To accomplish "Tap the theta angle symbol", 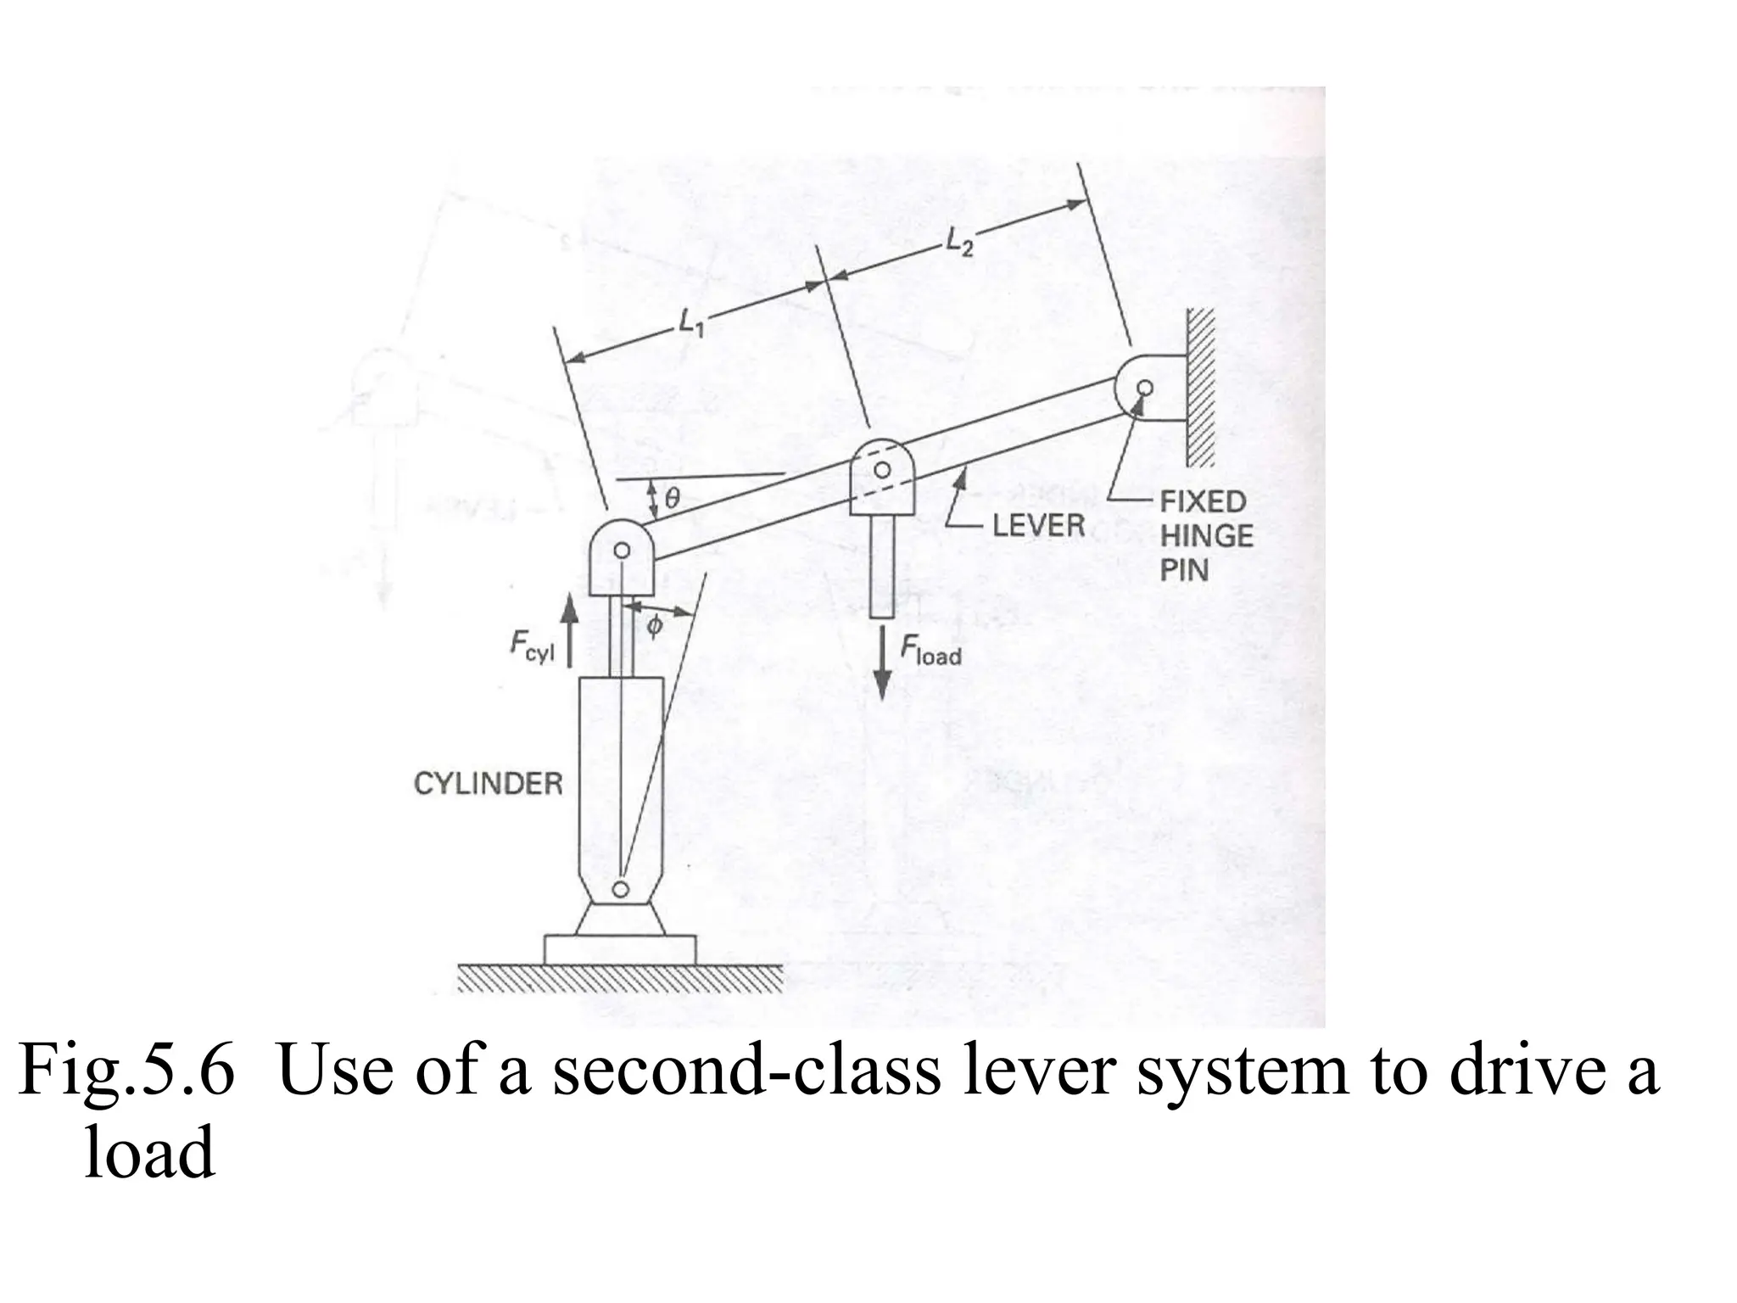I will [672, 499].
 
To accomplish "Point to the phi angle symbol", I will [655, 627].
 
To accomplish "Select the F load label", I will [930, 651].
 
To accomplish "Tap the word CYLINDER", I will [488, 783].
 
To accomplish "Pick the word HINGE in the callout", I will [1206, 536].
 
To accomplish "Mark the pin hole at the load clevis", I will [882, 469].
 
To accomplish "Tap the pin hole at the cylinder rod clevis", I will [622, 551].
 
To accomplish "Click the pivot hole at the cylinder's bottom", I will [621, 888].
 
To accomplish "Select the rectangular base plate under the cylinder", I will [619, 949].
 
